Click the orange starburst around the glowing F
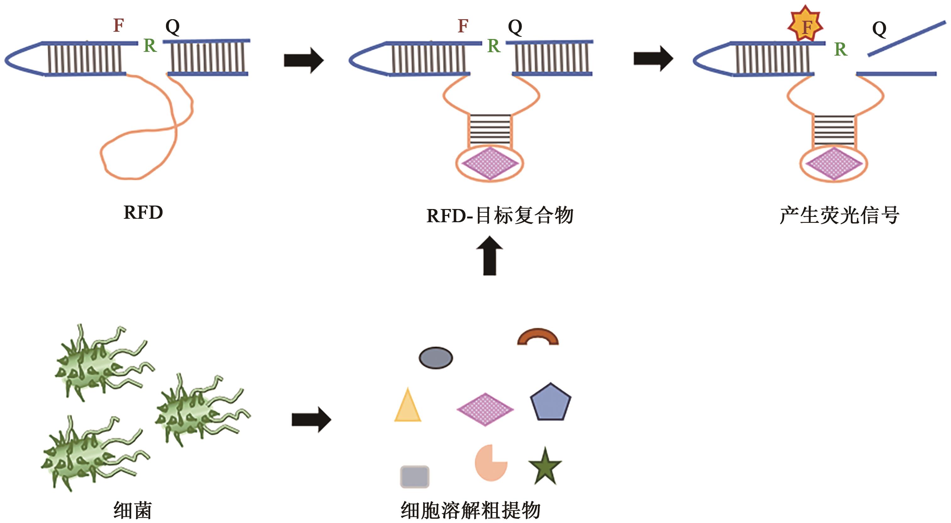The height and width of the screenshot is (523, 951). click(x=805, y=25)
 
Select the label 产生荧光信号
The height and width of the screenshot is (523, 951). click(x=839, y=215)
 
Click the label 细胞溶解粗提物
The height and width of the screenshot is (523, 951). click(x=471, y=510)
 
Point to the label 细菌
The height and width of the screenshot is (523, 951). click(x=133, y=510)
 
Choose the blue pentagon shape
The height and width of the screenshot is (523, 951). click(x=550, y=402)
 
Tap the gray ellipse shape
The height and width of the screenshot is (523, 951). click(x=436, y=358)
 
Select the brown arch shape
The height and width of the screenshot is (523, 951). click(x=538, y=337)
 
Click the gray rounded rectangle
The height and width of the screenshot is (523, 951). click(x=415, y=476)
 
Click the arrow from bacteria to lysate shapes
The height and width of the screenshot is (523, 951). click(x=311, y=420)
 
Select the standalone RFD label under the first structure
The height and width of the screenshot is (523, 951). click(x=143, y=213)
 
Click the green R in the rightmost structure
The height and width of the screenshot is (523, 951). click(x=840, y=49)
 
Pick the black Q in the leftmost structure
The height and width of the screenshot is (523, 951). click(x=173, y=27)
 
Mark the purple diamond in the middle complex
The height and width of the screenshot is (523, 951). click(x=490, y=163)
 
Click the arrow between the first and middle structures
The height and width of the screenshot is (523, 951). click(x=304, y=60)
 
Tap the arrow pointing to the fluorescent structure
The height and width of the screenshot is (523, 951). click(x=653, y=58)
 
